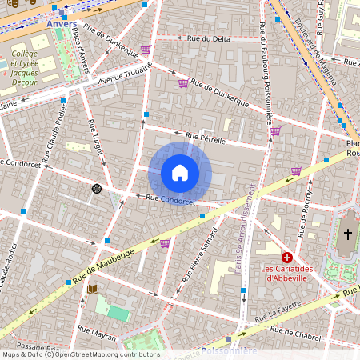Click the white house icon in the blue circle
(x=180, y=173)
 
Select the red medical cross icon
(x=286, y=258)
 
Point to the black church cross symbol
(x=347, y=234)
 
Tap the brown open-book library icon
(x=93, y=289)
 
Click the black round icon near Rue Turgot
(x=97, y=188)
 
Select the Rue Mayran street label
(x=96, y=328)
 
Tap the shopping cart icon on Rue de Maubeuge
(x=165, y=243)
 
